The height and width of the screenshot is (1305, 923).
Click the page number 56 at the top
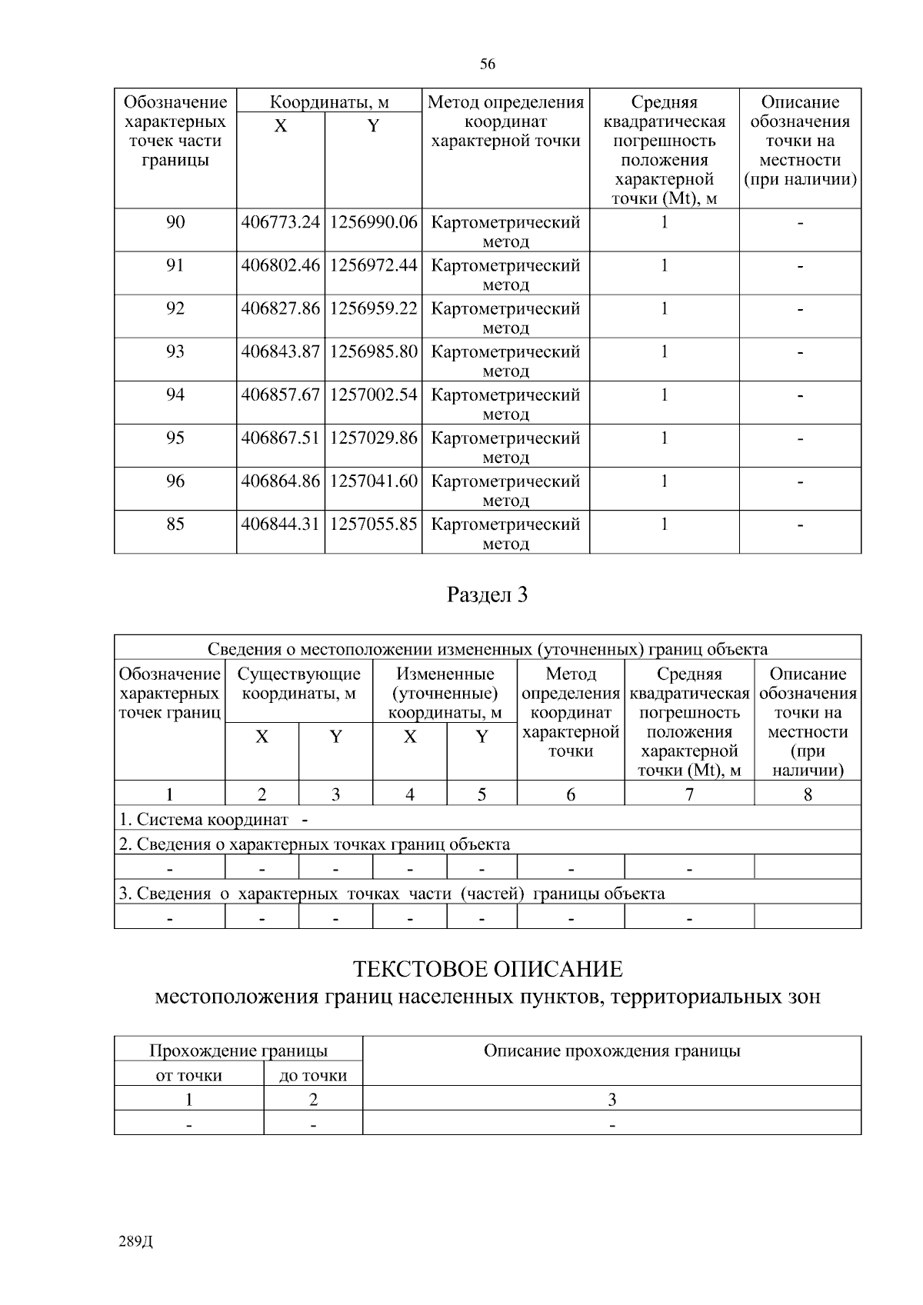pos(487,64)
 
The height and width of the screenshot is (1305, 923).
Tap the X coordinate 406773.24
pos(280,223)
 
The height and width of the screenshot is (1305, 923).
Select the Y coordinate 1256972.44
pos(373,266)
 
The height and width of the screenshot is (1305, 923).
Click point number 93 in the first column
pos(175,351)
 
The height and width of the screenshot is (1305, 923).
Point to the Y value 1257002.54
pos(373,395)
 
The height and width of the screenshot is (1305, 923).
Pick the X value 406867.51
pos(280,438)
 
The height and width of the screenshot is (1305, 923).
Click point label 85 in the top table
pos(175,524)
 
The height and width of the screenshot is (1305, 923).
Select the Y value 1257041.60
pos(373,481)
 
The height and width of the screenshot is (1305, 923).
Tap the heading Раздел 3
pos(487,594)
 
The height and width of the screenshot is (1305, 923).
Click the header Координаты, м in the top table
pos(329,102)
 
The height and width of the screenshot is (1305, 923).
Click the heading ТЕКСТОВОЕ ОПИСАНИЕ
pos(487,969)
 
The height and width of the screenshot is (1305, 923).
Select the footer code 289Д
pos(137,1242)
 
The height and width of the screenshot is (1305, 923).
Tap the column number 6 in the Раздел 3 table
pos(571,794)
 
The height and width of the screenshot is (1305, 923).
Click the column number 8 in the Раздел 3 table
pos(808,794)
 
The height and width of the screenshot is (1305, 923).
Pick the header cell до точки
pos(313,1075)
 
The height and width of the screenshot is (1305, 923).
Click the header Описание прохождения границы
pos(611,1051)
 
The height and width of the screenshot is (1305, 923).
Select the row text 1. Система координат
pos(204,820)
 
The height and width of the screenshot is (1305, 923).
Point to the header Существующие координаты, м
pos(298,684)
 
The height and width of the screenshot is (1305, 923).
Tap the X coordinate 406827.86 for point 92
pos(280,309)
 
